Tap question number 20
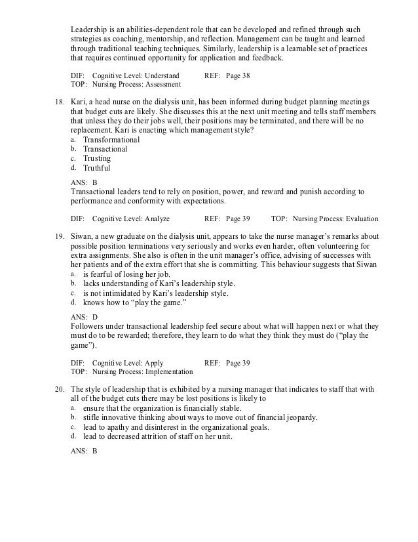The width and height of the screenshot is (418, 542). tap(58, 388)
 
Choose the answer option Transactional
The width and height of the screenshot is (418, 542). tap(105, 149)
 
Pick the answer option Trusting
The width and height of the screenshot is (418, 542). tap(97, 158)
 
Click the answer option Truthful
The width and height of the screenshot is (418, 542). tap(97, 167)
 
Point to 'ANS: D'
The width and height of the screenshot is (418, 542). tap(84, 316)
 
